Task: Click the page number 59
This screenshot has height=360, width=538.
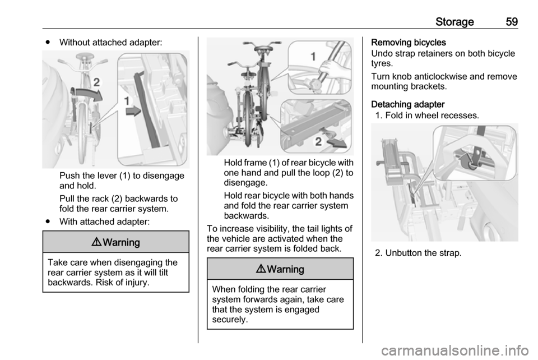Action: tap(512, 22)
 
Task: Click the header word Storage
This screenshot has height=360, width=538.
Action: tap(454, 22)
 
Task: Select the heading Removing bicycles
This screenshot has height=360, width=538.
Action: tap(409, 42)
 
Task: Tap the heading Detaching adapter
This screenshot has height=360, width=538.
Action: tap(407, 104)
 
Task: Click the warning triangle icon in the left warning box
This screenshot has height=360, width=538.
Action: tap(96, 242)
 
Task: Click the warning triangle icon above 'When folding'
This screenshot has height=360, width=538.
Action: tap(261, 269)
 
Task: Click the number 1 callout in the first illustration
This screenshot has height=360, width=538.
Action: tap(127, 101)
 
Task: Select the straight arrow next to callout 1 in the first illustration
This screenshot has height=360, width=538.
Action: tap(133, 111)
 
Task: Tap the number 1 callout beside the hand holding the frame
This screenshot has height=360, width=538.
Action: tap(313, 56)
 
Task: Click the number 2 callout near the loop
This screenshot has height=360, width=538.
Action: tap(318, 141)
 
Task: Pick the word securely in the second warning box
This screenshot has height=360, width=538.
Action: tap(229, 320)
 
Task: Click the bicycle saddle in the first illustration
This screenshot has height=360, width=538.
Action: tap(85, 57)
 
